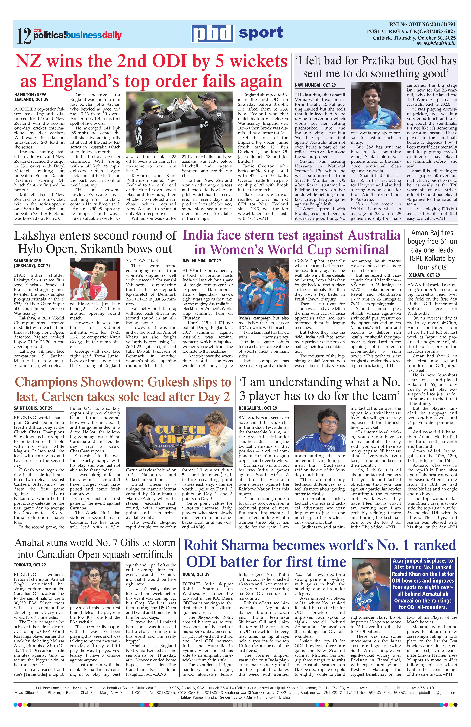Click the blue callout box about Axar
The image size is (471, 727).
[423, 583]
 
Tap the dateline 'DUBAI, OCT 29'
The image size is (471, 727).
[196, 574]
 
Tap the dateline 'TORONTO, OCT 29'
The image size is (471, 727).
[30, 565]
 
